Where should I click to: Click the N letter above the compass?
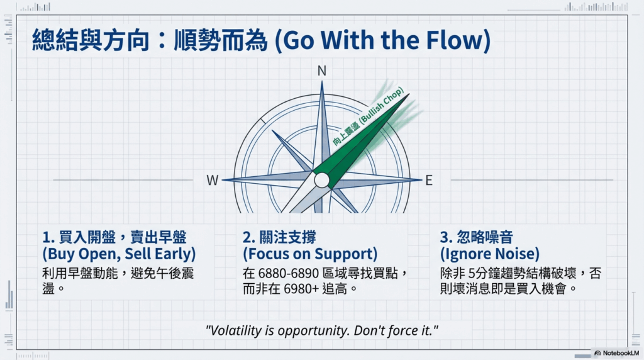(x=321, y=71)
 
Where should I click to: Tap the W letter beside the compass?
(x=213, y=181)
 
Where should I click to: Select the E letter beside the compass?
(x=429, y=181)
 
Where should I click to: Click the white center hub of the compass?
(x=321, y=180)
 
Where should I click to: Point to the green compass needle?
(x=362, y=140)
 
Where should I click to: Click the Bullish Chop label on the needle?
(x=368, y=116)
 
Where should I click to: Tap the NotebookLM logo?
(x=617, y=353)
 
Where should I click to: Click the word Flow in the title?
(x=455, y=40)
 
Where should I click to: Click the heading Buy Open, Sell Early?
(x=119, y=254)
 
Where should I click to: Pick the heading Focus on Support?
(x=310, y=254)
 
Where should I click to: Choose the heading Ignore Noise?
(x=490, y=254)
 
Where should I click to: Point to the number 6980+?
(x=301, y=289)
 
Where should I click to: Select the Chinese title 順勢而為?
(x=221, y=40)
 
